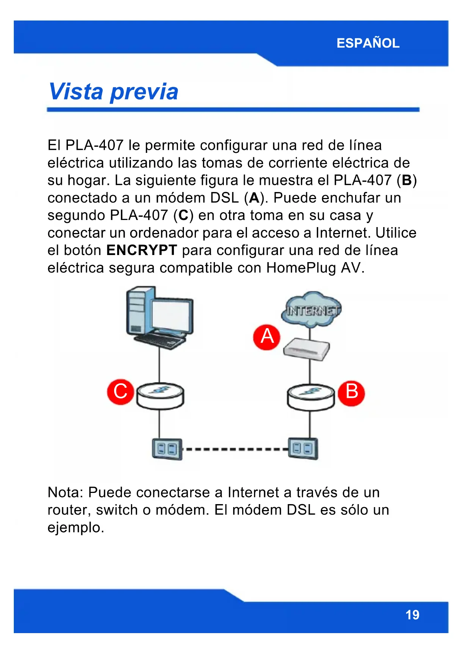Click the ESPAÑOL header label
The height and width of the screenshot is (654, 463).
point(368,43)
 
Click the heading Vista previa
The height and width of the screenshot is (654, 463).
point(113,92)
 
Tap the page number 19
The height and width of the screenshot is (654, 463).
point(412,614)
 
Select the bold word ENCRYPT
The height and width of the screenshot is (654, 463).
point(141,250)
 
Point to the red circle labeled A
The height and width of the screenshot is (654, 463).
point(267,337)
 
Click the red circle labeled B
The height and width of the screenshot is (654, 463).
point(351,393)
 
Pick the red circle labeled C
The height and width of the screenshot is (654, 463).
point(120,392)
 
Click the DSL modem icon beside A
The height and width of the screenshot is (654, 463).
point(307,350)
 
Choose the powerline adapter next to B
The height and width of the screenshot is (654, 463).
point(310,397)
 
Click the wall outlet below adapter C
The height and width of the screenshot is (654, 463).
point(167,449)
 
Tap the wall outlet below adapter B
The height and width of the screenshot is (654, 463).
point(303,448)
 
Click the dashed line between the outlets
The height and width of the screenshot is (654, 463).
point(235,449)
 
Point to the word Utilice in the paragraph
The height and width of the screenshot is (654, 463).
point(395,233)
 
